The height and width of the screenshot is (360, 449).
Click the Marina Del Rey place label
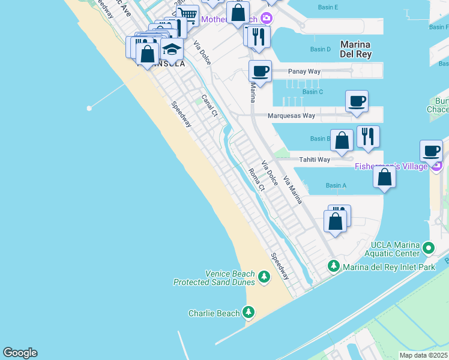pyautogui.click(x=355, y=49)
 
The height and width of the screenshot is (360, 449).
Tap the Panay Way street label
pyautogui.click(x=304, y=71)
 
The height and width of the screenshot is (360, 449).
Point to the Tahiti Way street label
pyautogui.click(x=315, y=160)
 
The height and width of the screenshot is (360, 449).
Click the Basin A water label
pyautogui.click(x=336, y=186)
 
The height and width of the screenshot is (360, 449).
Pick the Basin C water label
pyautogui.click(x=313, y=92)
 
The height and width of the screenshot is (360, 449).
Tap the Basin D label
pyautogui.click(x=321, y=49)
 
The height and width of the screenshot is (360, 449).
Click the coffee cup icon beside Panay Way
pyautogui.click(x=260, y=71)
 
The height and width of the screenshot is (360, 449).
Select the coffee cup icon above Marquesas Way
pyautogui.click(x=357, y=101)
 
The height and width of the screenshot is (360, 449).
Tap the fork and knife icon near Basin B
pyautogui.click(x=367, y=136)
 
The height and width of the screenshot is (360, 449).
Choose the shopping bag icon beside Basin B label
pyautogui.click(x=342, y=140)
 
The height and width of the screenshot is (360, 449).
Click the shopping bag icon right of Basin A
pyautogui.click(x=384, y=177)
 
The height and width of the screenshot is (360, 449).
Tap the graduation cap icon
pyautogui.click(x=172, y=49)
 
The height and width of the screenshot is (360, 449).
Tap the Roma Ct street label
pyautogui.click(x=256, y=179)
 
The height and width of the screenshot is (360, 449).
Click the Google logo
pyautogui.click(x=20, y=353)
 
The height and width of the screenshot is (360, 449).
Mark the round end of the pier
pyautogui.click(x=89, y=108)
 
